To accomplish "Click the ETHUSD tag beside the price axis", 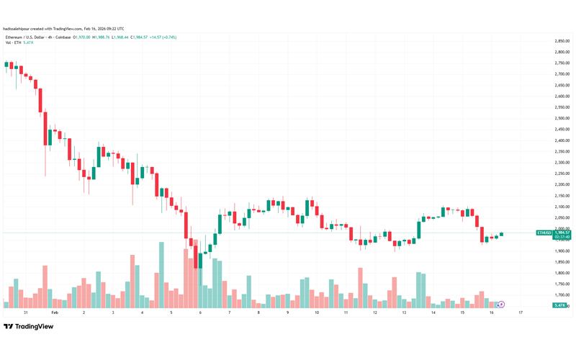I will point(544,233).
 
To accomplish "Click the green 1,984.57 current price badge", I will point(562,233).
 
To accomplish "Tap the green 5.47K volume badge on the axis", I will point(559,306).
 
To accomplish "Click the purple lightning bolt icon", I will point(501,305).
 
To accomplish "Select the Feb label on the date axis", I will point(55,313).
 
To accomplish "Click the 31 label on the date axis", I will point(25,313).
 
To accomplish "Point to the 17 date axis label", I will point(520,313).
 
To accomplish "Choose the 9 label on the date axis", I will point(287,313).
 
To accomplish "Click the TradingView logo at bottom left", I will point(29,326).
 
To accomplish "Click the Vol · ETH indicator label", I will point(13,42).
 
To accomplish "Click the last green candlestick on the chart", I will point(502,234).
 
